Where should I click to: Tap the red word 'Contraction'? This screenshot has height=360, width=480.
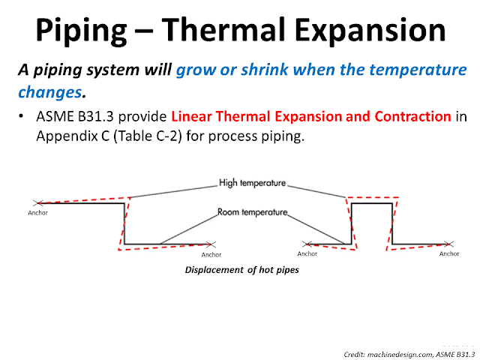tap(409, 117)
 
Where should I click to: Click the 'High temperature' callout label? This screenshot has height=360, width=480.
tap(253, 182)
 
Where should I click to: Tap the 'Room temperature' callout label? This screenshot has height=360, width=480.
tap(252, 212)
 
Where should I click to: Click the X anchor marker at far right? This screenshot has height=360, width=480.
tap(448, 244)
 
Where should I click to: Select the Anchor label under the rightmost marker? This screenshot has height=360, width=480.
tap(448, 253)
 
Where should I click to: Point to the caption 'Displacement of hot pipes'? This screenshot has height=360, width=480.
tap(241, 270)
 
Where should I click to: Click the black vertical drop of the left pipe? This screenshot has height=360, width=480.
tap(124, 223)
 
